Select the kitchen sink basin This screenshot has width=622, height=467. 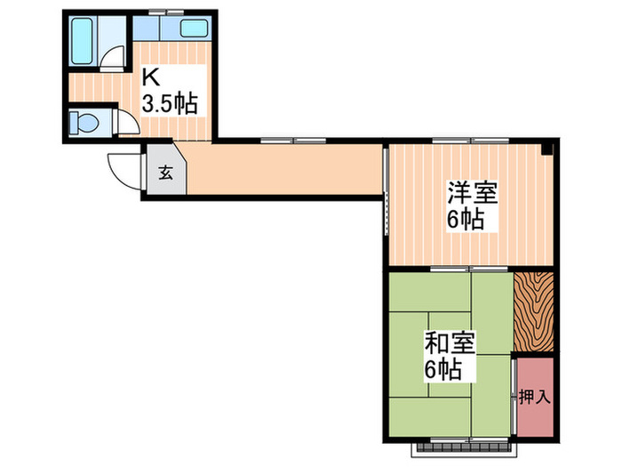194,28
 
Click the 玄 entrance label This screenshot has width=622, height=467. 166,173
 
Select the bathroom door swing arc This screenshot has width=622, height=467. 111,59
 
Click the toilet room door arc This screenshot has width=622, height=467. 125,122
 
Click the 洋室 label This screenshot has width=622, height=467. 472,192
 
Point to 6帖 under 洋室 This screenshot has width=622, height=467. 466,219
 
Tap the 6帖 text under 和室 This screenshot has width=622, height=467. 442,369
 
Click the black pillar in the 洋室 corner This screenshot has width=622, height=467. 546,148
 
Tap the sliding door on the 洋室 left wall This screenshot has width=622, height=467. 386,191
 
